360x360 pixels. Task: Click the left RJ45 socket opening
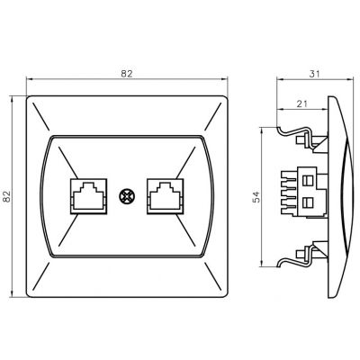click(x=88, y=196)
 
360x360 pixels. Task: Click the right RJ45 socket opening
click(x=165, y=196)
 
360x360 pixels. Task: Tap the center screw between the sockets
click(x=125, y=196)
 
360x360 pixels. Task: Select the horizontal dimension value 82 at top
click(x=127, y=74)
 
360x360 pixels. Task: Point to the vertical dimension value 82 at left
click(x=7, y=196)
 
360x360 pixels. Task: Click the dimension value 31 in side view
click(x=314, y=74)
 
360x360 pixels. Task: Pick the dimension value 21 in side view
click(x=301, y=103)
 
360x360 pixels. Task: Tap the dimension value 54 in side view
click(x=256, y=197)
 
